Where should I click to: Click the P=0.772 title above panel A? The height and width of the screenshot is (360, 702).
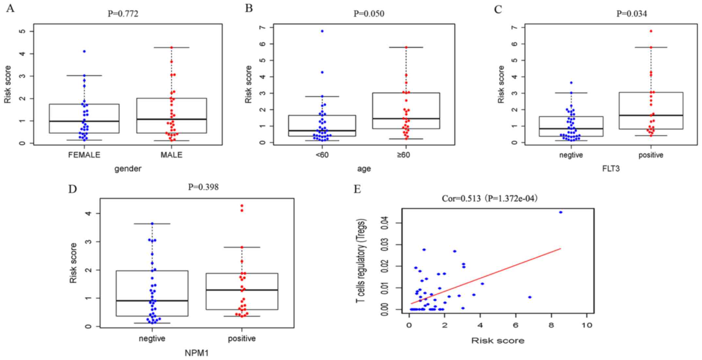pos(123,14)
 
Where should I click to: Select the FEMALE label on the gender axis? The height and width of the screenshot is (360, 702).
pos(84,155)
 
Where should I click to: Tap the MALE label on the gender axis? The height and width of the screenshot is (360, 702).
pos(171,155)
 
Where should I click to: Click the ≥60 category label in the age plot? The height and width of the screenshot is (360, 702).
pos(403,155)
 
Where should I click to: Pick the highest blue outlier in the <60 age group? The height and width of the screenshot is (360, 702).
pos(322,31)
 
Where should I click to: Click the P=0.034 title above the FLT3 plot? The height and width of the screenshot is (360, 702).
pos(631,14)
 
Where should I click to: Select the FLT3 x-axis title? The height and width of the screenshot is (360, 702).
pos(611,169)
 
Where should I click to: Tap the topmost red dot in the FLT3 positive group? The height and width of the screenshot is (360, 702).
pos(651,31)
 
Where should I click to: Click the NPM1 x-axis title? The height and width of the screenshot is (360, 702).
pos(197,353)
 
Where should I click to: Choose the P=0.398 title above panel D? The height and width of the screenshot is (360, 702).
pos(203,187)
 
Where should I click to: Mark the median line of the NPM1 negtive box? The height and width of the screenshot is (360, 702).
pos(152,301)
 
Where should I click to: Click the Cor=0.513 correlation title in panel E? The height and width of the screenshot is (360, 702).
pos(489,198)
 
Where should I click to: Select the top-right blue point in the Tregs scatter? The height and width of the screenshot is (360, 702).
pos(561,212)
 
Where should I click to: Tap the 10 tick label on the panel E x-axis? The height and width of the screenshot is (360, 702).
pos(587,325)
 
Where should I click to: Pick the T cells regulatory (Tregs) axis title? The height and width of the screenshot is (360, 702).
pos(361,260)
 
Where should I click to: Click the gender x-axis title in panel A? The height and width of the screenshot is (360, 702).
pos(128,169)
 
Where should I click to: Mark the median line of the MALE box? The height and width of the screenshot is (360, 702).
pos(171,119)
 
